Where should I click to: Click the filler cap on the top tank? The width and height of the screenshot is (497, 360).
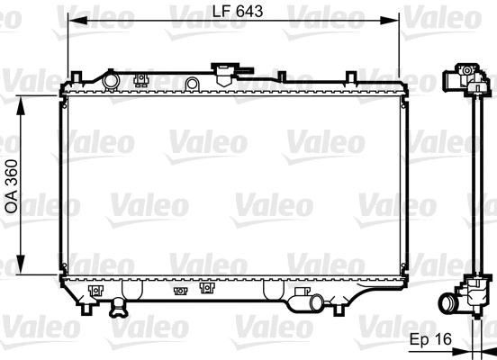tap(222, 71)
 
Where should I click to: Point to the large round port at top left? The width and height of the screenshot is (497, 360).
tap(110, 81)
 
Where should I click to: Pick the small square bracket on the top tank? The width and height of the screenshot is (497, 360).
tap(140, 79)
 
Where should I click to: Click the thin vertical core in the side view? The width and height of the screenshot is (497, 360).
tap(474, 180)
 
